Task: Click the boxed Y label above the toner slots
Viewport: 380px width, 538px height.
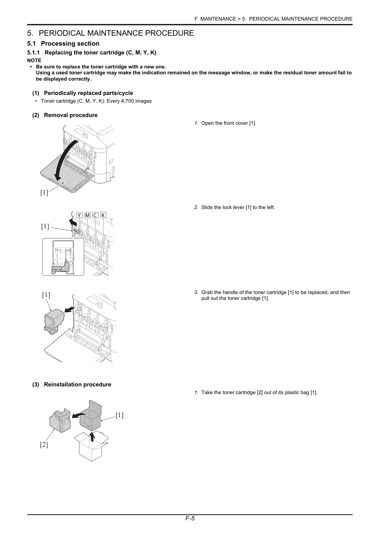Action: tap(79, 215)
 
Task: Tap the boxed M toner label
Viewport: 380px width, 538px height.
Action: tap(87, 215)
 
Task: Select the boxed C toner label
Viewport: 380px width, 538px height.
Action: tap(95, 215)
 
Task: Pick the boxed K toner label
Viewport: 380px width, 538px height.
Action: tap(103, 215)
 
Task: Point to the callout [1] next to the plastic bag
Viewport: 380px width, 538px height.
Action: tap(119, 415)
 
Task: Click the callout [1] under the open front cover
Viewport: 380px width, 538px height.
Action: tap(44, 192)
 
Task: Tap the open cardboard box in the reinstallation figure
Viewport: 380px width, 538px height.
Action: tap(92, 446)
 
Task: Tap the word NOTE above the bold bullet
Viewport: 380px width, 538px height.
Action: tap(34, 60)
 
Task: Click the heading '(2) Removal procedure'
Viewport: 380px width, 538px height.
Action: tap(65, 115)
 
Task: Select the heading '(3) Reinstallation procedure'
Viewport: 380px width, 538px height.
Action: tap(72, 385)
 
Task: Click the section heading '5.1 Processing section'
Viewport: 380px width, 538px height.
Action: tap(63, 43)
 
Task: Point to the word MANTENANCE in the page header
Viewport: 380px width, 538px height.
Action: tap(218, 19)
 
